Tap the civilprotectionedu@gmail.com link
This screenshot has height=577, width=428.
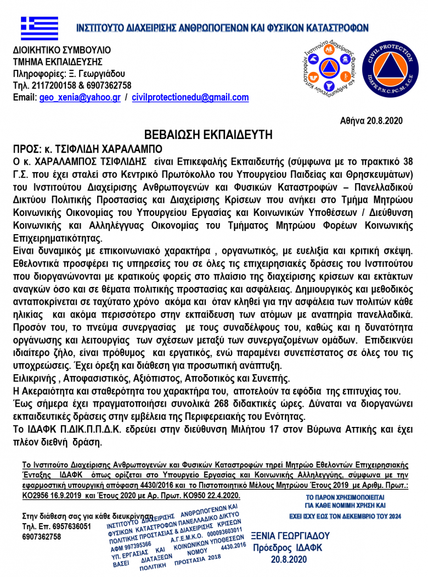[190, 98]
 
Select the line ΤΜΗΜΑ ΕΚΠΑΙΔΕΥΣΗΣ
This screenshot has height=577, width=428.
[58, 62]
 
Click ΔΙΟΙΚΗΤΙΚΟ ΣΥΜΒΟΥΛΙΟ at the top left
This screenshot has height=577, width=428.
[62, 50]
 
